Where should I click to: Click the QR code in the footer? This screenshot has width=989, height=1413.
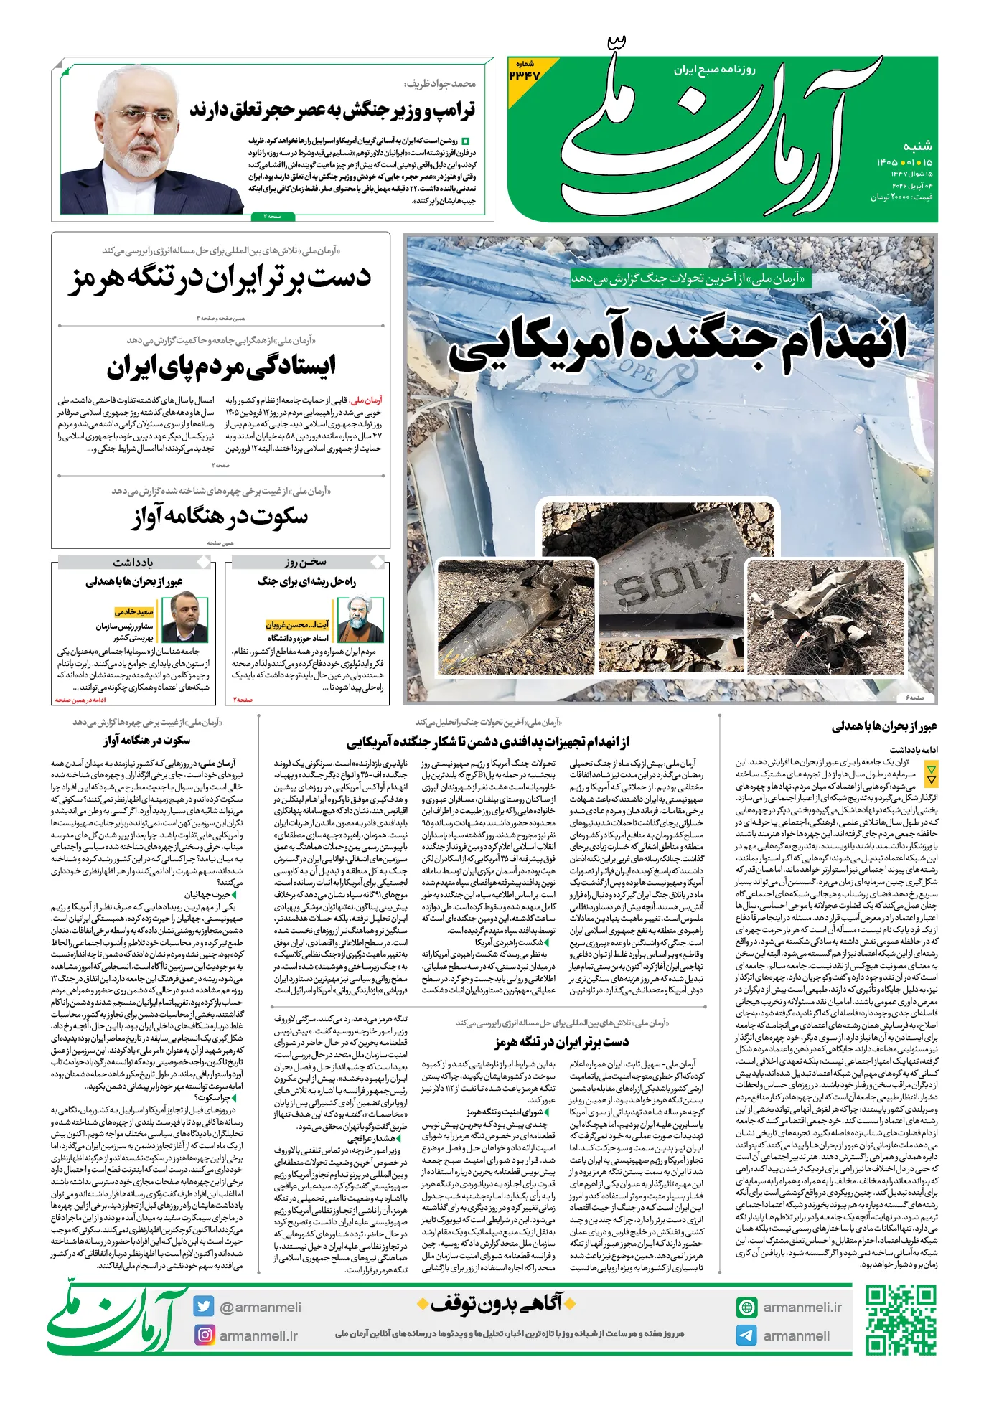coord(901,1320)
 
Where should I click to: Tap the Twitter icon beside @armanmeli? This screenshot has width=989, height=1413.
coord(204,1306)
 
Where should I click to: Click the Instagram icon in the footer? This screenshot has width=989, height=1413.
coord(205,1335)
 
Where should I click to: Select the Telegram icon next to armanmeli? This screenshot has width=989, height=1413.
coord(746,1335)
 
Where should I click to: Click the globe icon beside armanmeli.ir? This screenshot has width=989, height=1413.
coord(746,1307)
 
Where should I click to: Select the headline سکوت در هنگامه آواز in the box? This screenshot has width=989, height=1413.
coord(220,517)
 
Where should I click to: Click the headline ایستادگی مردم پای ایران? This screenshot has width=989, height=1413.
coord(221,367)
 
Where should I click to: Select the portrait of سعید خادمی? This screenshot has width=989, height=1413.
coord(184,619)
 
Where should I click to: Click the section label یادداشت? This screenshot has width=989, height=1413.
coord(133,562)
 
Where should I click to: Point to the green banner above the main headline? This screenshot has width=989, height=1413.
coord(690,278)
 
